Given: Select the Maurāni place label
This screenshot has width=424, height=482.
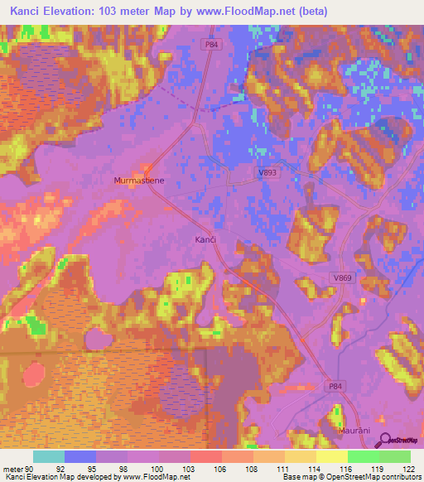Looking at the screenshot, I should click(x=354, y=431).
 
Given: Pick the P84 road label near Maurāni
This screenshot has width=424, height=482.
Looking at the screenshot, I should click(x=334, y=386).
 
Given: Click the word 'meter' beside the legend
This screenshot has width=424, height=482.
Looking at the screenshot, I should click(x=12, y=469).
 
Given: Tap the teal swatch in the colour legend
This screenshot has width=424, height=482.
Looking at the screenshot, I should click(x=49, y=456).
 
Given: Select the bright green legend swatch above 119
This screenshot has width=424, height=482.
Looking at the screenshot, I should click(x=363, y=456).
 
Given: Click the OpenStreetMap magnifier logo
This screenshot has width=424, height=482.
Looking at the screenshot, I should click(x=384, y=439).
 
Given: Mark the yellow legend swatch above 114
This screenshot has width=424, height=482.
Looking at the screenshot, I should click(x=300, y=456).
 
